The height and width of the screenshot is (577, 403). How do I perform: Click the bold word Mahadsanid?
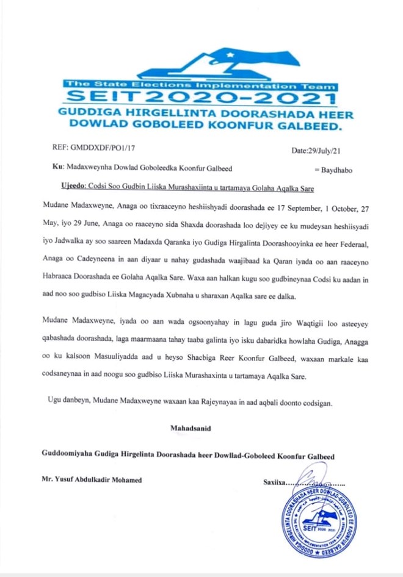pyautogui.click(x=191, y=428)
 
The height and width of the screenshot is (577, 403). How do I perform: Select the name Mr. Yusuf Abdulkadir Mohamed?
pyautogui.click(x=92, y=480)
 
